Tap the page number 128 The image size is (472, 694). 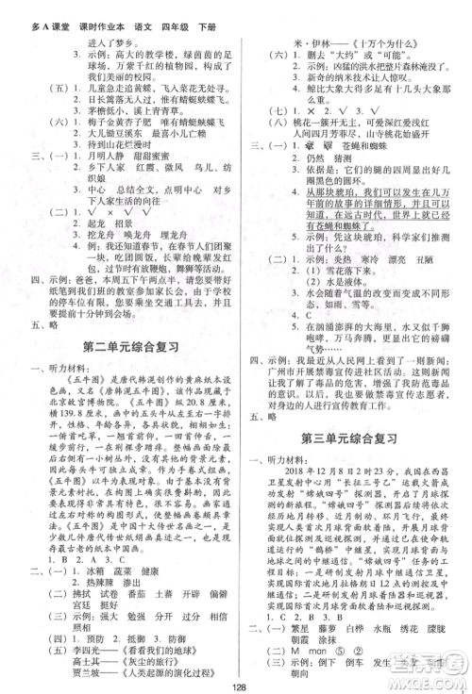point(235,684)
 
